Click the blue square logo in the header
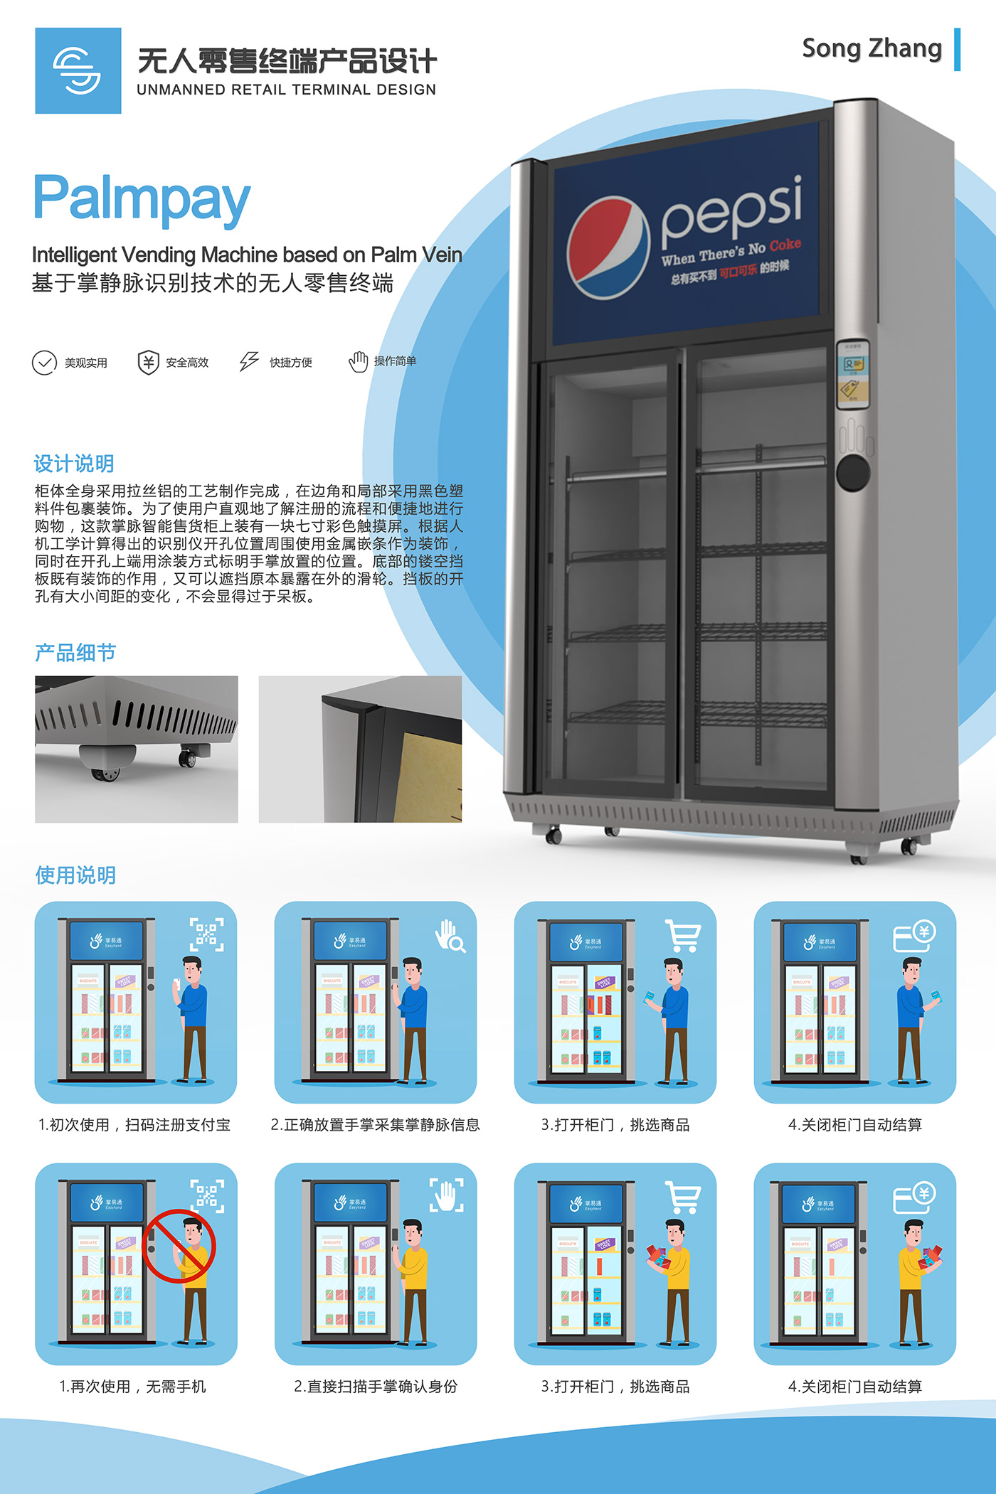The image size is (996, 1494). pyautogui.click(x=78, y=70)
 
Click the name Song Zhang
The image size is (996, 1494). pyautogui.click(x=871, y=48)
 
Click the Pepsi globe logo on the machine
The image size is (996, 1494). pyautogui.click(x=608, y=247)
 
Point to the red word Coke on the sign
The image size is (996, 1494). pyautogui.click(x=785, y=245)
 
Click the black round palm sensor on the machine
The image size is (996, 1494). pyautogui.click(x=853, y=472)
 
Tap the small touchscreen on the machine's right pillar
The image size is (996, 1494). pyautogui.click(x=852, y=373)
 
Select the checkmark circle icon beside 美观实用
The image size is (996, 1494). pyautogui.click(x=44, y=363)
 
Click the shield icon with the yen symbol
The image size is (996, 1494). pyautogui.click(x=148, y=363)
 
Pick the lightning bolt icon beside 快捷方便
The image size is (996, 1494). pyautogui.click(x=249, y=361)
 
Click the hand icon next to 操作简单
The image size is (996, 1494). pyautogui.click(x=358, y=361)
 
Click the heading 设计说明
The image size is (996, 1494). pyautogui.click(x=74, y=464)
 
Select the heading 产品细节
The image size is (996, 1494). pyautogui.click(x=75, y=652)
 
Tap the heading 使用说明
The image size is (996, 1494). pyautogui.click(x=75, y=875)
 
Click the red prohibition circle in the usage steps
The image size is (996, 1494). pyautogui.click(x=179, y=1246)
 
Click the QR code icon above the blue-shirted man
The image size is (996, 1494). pyautogui.click(x=206, y=934)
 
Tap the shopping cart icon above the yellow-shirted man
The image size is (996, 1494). pyautogui.click(x=683, y=1197)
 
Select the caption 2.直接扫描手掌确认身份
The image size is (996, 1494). pyautogui.click(x=376, y=1386)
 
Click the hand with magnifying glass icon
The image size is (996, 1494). pyautogui.click(x=450, y=936)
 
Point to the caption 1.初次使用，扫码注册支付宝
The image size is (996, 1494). pyautogui.click(x=134, y=1124)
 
